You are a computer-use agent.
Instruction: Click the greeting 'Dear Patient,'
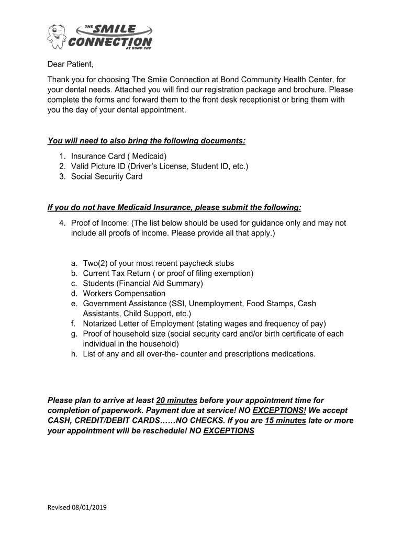[71, 64]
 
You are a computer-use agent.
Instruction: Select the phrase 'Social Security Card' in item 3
[107, 176]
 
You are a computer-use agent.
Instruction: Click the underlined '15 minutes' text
[285, 421]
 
